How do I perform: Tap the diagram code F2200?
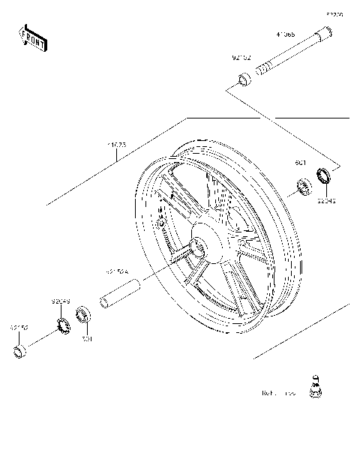[334, 14]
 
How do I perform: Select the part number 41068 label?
[285, 34]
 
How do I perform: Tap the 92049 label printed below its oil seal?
[326, 200]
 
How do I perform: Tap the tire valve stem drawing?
[315, 387]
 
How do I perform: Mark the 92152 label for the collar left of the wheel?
[19, 328]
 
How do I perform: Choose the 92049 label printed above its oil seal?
[61, 301]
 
